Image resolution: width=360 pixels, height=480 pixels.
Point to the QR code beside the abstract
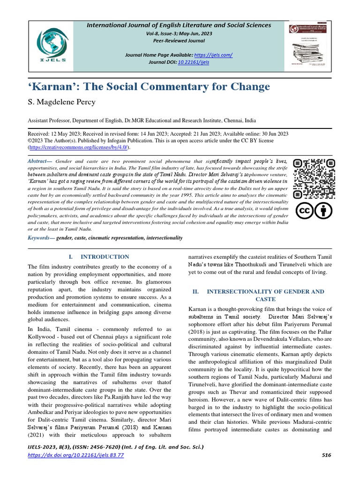tap(314, 177)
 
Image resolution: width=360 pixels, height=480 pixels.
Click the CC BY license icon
tap(314, 211)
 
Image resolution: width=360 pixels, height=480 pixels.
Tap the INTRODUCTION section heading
tap(105, 257)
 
